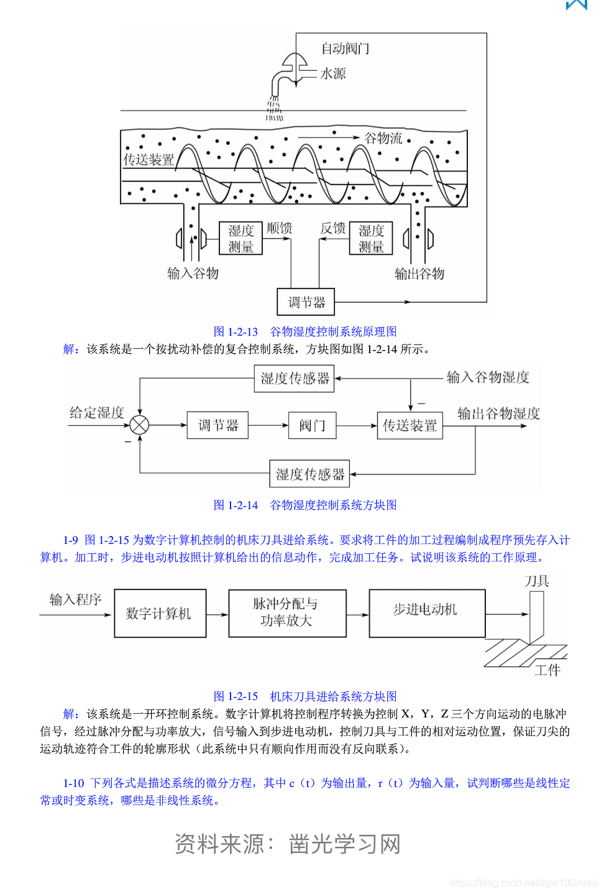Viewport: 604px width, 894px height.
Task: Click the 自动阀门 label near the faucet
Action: click(x=345, y=48)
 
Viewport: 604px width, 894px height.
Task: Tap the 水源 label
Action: click(x=333, y=73)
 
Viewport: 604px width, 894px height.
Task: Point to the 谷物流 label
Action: click(x=383, y=138)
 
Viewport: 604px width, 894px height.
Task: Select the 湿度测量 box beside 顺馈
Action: click(x=240, y=239)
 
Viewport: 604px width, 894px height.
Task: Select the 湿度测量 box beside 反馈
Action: click(x=371, y=239)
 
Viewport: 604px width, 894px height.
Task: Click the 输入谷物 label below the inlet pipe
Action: click(x=193, y=274)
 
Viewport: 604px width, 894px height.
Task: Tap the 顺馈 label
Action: click(x=279, y=228)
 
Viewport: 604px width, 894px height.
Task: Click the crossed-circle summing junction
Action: click(x=140, y=425)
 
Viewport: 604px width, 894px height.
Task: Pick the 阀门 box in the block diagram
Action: click(x=312, y=425)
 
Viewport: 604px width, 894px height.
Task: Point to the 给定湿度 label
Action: click(x=96, y=412)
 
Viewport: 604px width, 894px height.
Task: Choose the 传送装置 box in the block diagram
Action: click(x=410, y=425)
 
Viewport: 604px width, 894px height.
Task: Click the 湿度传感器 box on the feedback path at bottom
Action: click(x=309, y=474)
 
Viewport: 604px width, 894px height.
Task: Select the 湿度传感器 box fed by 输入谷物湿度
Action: click(x=294, y=378)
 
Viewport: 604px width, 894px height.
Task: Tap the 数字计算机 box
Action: click(x=160, y=614)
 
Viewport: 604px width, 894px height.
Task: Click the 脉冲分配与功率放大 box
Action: click(x=287, y=613)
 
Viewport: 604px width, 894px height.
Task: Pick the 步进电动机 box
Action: click(x=426, y=613)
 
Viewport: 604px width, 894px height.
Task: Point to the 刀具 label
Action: click(x=536, y=581)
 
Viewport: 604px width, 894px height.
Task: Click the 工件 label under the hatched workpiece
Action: click(x=547, y=670)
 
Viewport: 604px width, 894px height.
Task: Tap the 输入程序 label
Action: click(x=75, y=599)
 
